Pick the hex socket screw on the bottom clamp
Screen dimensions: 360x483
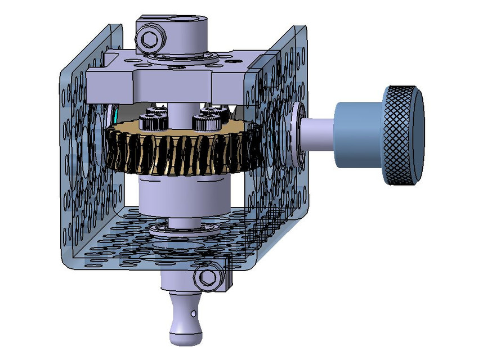(206, 276)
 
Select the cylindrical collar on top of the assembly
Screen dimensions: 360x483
(186, 37)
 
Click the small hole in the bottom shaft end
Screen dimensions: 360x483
(193, 312)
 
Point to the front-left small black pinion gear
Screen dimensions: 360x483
(153, 120)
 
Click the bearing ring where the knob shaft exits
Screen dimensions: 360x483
(297, 134)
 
